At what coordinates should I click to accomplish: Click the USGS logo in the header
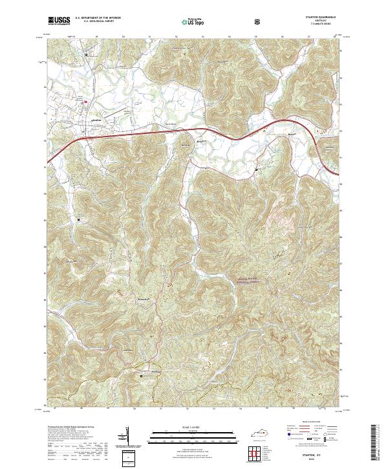pos(59,21)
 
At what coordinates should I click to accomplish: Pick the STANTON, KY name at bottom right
pos(311,455)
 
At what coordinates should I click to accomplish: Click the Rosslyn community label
pos(187,146)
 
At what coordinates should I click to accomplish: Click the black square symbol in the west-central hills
pos(80,219)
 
